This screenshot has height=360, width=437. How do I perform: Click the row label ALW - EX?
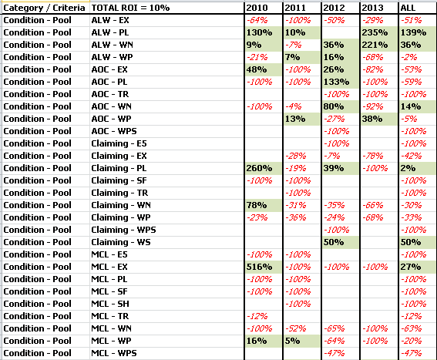[x=110, y=20]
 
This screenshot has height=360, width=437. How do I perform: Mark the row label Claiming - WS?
[x=121, y=242]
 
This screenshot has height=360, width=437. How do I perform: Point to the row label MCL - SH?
[x=110, y=304]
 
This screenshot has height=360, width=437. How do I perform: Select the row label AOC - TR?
[x=110, y=94]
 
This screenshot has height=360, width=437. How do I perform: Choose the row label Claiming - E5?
[x=119, y=143]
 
